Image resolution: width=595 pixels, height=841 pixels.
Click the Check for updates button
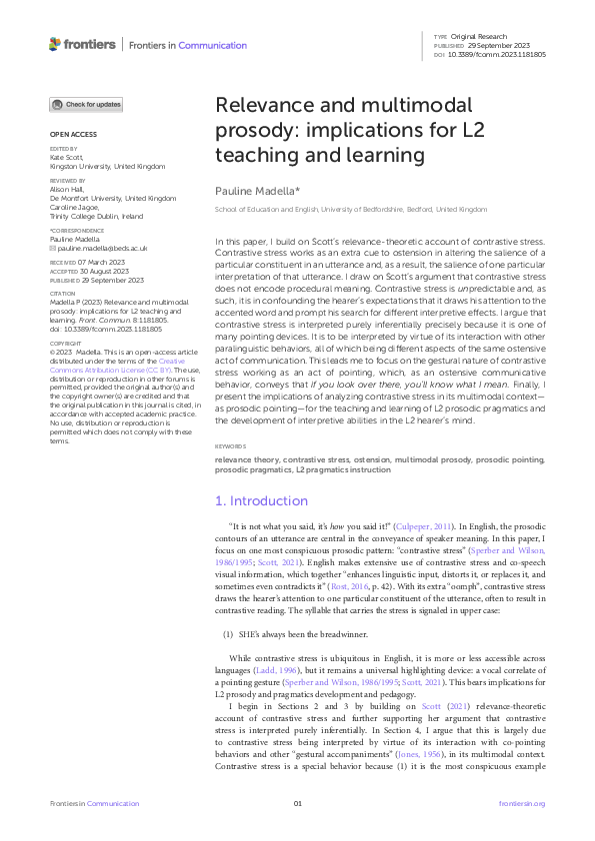pyautogui.click(x=87, y=104)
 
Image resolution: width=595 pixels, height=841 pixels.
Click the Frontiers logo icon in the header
pyautogui.click(x=55, y=44)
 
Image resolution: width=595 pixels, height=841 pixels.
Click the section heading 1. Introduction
pyautogui.click(x=262, y=500)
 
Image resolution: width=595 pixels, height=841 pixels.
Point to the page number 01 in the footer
pyautogui.click(x=297, y=804)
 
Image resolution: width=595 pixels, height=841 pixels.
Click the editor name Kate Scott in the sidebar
pyautogui.click(x=65, y=157)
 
